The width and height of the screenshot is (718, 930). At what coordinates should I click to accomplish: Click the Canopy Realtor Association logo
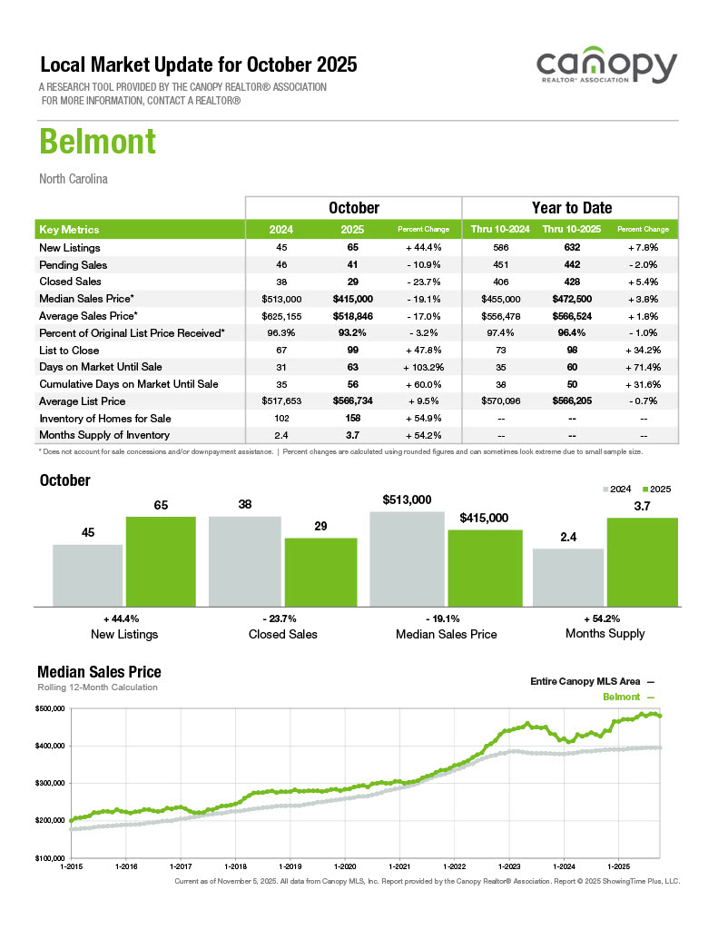[605, 69]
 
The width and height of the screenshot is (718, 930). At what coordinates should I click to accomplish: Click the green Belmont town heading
[97, 143]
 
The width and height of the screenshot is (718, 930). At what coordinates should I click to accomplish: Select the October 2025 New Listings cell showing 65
[353, 248]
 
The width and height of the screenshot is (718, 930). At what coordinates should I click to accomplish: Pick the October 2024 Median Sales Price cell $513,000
[281, 299]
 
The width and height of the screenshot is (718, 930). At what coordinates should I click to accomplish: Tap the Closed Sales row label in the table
[70, 282]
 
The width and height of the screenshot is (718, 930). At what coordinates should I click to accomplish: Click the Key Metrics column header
[70, 230]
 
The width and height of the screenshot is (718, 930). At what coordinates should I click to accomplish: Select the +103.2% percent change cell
[422, 367]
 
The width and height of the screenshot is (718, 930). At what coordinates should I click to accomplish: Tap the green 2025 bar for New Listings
[161, 560]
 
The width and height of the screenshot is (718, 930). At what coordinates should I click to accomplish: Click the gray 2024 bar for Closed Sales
[244, 560]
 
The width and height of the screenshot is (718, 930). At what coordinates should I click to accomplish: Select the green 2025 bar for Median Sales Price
[485, 567]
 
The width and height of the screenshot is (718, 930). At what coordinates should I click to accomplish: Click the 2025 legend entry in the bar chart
[657, 489]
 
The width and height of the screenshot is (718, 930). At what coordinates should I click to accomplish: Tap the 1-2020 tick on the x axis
[346, 866]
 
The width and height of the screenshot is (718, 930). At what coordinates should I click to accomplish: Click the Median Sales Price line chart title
[99, 672]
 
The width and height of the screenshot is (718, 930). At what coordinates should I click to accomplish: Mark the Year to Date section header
[571, 208]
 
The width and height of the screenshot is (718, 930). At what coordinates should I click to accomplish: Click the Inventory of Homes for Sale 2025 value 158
[353, 418]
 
